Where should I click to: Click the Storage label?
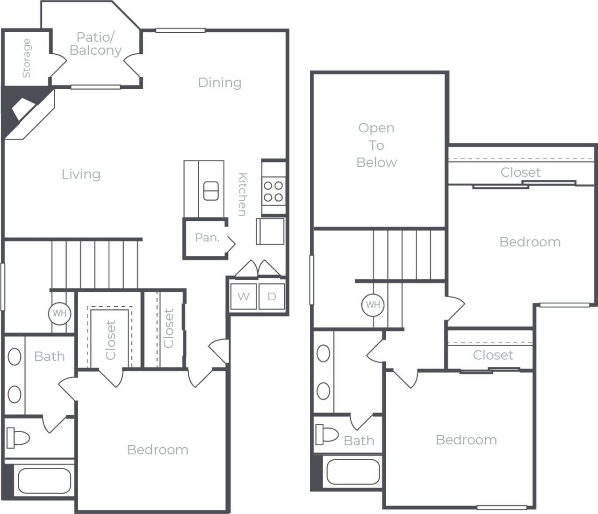(x=26, y=58)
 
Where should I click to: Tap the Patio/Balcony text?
(x=95, y=43)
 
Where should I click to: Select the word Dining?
(x=219, y=82)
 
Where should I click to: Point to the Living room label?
(x=81, y=174)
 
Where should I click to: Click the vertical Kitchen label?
(x=242, y=194)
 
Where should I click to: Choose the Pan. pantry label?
(x=207, y=238)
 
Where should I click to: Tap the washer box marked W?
(x=243, y=297)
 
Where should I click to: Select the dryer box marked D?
(x=272, y=297)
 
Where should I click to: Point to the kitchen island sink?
(x=210, y=191)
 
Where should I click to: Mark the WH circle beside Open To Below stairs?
(x=373, y=305)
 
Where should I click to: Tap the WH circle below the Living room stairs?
(x=60, y=313)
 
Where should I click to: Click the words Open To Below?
(x=376, y=145)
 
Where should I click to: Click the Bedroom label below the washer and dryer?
(x=158, y=449)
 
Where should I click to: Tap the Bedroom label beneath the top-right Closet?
(x=530, y=242)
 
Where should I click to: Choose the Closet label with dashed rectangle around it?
(x=110, y=340)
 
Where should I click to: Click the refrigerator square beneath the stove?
(x=270, y=231)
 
